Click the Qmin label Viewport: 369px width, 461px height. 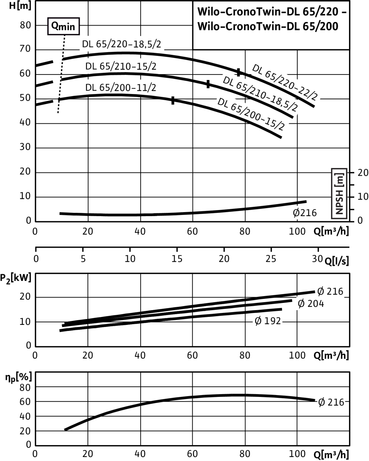tap(63, 27)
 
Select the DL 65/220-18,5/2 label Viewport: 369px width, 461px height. tap(122, 45)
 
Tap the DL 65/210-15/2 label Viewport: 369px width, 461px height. tap(122, 67)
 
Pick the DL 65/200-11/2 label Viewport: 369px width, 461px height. tap(121, 88)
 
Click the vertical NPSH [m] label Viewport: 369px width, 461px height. tap(339, 193)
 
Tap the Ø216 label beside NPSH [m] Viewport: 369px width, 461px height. tap(304, 213)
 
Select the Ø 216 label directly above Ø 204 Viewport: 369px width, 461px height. tap(330, 291)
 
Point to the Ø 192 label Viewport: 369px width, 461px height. tap(268, 321)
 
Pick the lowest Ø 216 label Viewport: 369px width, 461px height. tap(331, 402)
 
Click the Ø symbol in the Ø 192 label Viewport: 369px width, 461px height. tap(258, 321)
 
